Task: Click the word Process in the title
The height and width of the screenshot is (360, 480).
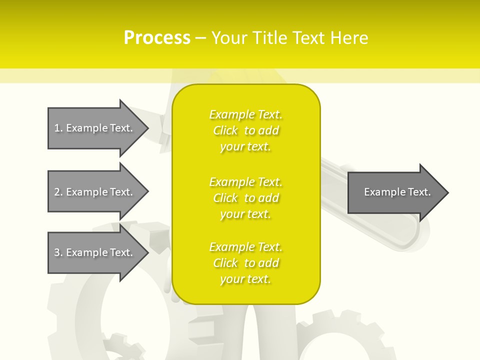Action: pyautogui.click(x=157, y=38)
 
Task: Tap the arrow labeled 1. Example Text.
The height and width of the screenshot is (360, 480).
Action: pyautogui.click(x=95, y=128)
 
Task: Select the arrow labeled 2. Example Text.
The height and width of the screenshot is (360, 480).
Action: pyautogui.click(x=95, y=192)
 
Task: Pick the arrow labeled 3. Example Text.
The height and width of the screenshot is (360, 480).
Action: pyautogui.click(x=95, y=252)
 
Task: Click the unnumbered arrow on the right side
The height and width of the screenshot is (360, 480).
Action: pyautogui.click(x=395, y=192)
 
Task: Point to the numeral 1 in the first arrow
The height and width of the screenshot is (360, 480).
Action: pyautogui.click(x=57, y=128)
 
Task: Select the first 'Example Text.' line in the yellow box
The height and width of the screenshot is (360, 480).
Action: pyautogui.click(x=246, y=114)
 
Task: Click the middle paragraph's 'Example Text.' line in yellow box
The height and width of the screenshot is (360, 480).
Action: pyautogui.click(x=246, y=182)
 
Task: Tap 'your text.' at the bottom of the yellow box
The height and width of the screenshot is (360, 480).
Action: pyautogui.click(x=245, y=279)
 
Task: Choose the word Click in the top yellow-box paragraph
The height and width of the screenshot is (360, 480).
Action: pyautogui.click(x=225, y=130)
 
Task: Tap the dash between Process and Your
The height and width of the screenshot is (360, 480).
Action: pyautogui.click(x=200, y=38)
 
